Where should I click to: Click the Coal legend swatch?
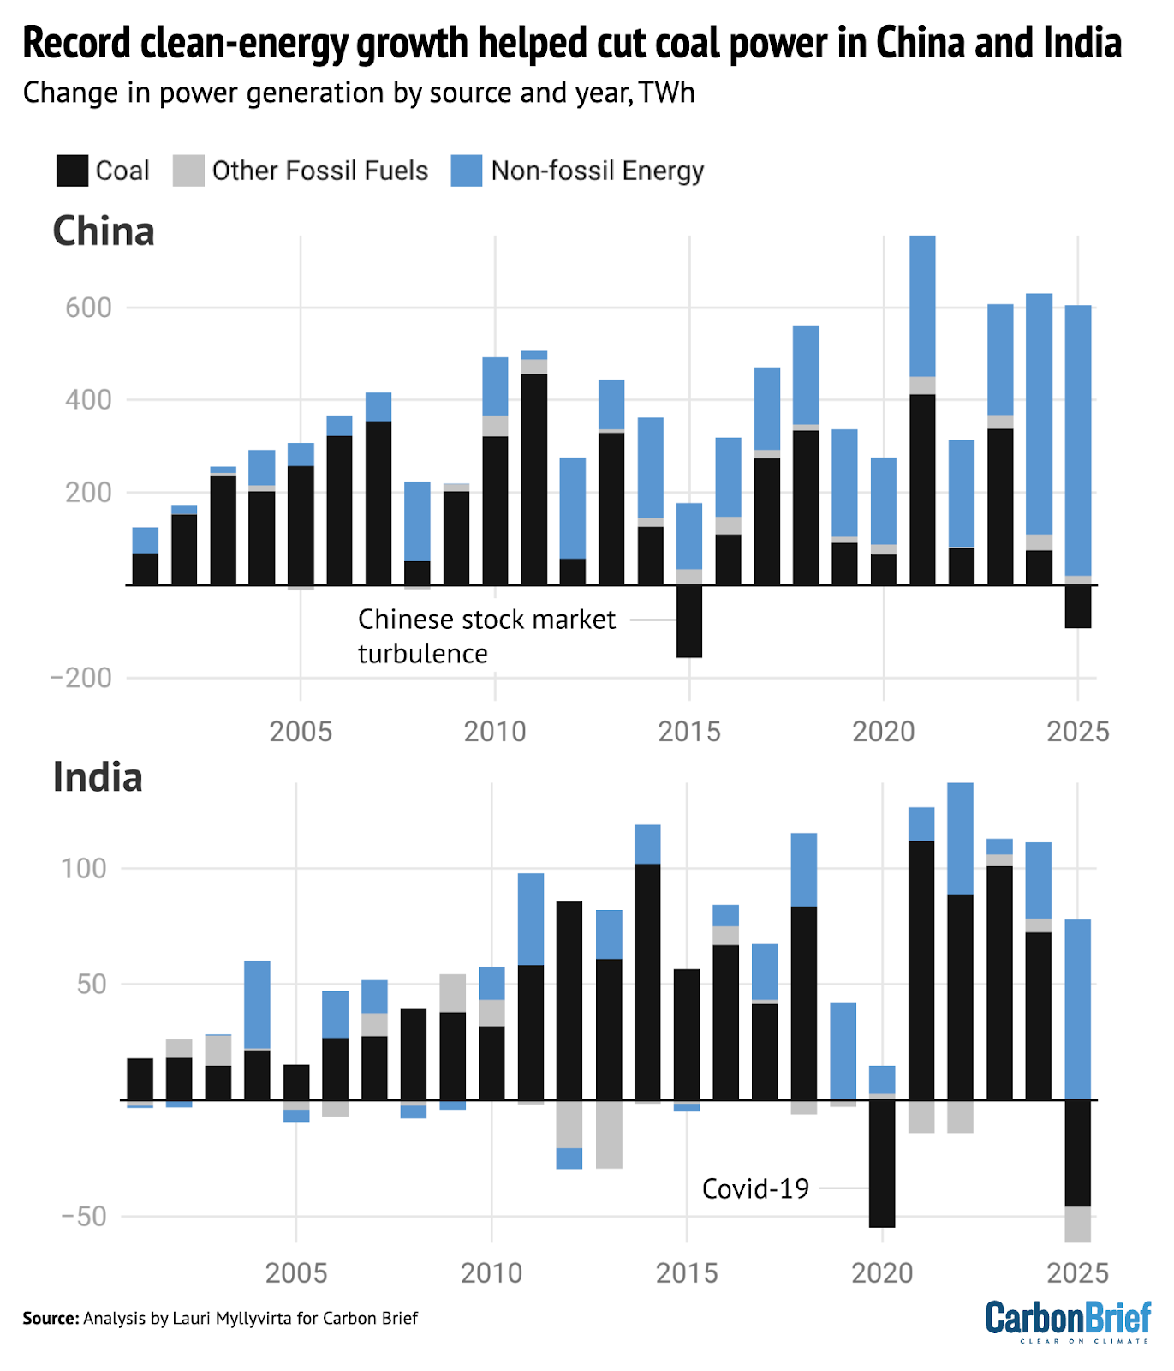click(72, 171)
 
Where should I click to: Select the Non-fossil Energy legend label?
click(597, 171)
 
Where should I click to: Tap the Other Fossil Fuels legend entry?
click(319, 171)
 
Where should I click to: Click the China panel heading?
click(104, 231)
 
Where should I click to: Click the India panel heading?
click(98, 777)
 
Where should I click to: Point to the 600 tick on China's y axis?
click(88, 308)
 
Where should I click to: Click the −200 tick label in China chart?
click(81, 678)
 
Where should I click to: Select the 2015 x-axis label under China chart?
click(688, 731)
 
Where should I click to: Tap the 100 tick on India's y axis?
click(83, 868)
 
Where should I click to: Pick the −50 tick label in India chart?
click(84, 1216)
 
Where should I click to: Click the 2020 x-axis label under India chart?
click(882, 1272)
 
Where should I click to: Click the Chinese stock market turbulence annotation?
click(486, 636)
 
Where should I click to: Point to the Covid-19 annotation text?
click(755, 1188)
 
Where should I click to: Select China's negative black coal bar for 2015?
click(689, 621)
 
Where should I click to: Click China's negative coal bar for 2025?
click(1078, 607)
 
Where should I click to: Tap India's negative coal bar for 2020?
click(882, 1163)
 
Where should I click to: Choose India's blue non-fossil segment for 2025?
click(1078, 1009)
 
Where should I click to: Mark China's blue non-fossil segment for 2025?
click(1078, 440)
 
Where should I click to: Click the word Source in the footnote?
click(51, 1318)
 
